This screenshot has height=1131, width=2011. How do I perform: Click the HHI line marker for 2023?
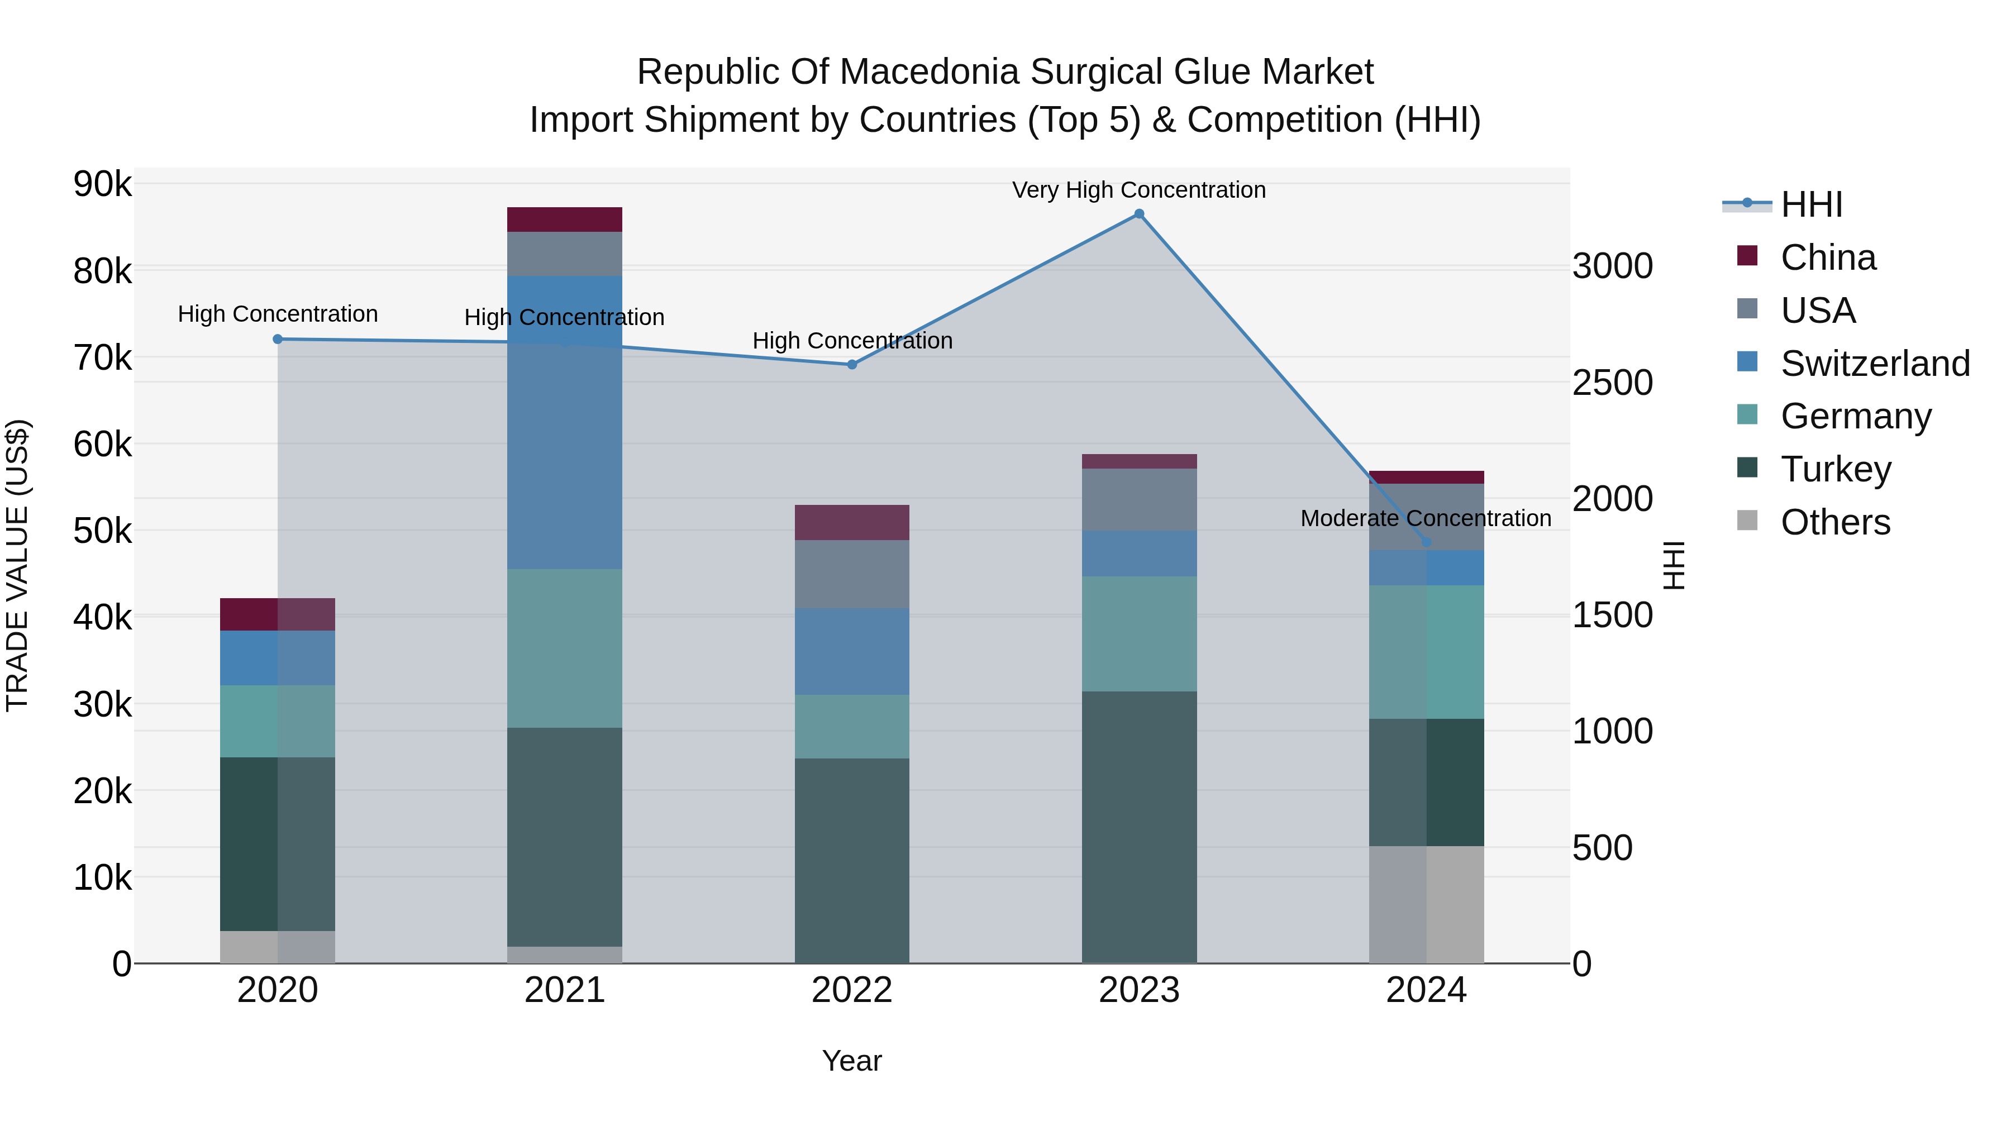point(1138,214)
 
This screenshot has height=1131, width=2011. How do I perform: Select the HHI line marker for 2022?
point(852,365)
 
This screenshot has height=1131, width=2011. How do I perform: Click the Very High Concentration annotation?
point(1138,190)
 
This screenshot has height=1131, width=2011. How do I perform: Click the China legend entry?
point(1828,257)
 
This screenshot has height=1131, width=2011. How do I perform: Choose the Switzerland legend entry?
point(1874,364)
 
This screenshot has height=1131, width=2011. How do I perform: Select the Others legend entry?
point(1834,522)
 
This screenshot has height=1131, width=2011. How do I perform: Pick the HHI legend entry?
point(1811,204)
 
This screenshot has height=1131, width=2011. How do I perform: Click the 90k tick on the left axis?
point(102,185)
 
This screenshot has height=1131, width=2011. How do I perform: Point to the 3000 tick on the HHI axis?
point(1612,266)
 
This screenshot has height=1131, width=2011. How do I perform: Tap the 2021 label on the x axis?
point(564,990)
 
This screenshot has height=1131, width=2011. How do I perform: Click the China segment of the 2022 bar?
point(852,522)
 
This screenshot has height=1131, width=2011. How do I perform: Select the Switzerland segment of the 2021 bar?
point(564,422)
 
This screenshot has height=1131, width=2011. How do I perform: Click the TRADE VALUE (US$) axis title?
point(17,565)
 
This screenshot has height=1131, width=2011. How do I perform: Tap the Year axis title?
point(852,1061)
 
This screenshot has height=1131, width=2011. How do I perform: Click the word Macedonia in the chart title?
point(930,73)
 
